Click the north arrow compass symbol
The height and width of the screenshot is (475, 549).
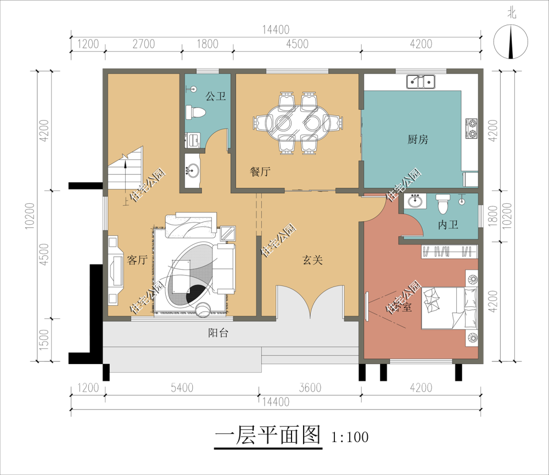tap(511, 41)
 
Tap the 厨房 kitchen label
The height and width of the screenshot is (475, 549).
tap(418, 139)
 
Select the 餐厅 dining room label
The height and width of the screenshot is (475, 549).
tap(260, 171)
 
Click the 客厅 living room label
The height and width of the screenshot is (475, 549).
tap(137, 260)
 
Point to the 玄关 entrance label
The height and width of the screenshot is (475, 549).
tap(312, 260)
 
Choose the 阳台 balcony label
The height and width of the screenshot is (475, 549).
tap(218, 332)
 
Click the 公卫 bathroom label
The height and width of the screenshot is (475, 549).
tap(215, 96)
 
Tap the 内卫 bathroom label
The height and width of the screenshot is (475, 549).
tap(448, 225)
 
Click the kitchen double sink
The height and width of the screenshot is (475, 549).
tap(421, 82)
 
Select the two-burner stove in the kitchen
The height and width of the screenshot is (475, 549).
tap(472, 128)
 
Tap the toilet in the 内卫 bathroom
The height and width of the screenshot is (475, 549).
tap(443, 204)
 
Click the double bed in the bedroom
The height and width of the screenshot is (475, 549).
tap(449, 308)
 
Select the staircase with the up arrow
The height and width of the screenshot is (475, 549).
tap(125, 168)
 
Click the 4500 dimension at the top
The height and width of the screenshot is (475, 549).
tap(297, 44)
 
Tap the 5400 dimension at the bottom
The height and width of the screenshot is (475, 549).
tap(182, 388)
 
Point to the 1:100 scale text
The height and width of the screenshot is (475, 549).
tap(350, 437)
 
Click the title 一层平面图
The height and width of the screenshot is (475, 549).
tap(267, 435)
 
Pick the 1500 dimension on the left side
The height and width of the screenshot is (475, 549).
tap(44, 340)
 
